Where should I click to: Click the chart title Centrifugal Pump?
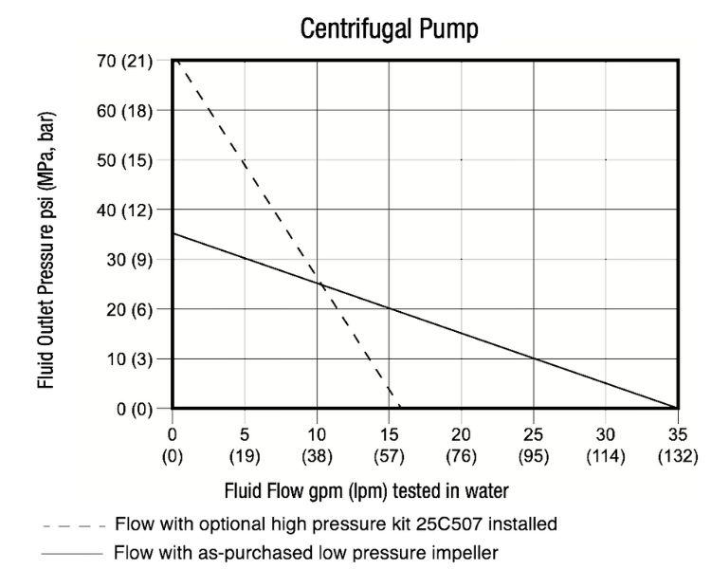[x=389, y=29]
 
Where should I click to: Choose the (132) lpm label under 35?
[x=677, y=455]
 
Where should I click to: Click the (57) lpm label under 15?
[x=389, y=455]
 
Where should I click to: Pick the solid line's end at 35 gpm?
[x=677, y=408]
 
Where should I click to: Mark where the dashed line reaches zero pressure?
[x=400, y=408]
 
